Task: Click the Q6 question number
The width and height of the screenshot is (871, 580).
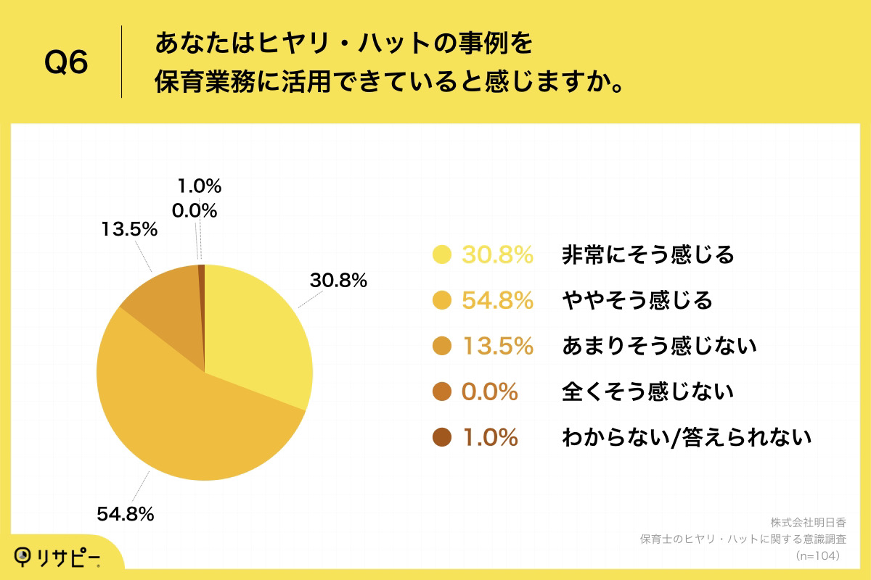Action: (66, 62)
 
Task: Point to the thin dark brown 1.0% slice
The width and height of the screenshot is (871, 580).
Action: (202, 290)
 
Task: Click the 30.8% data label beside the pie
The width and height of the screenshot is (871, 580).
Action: (338, 281)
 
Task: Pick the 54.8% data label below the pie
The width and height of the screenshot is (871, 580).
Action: (125, 514)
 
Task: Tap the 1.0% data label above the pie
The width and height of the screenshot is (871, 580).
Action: (199, 186)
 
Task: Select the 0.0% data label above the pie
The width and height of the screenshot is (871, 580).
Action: (195, 211)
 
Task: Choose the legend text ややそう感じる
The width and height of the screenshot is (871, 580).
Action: (637, 300)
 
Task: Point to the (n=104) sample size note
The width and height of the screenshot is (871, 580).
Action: (818, 555)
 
